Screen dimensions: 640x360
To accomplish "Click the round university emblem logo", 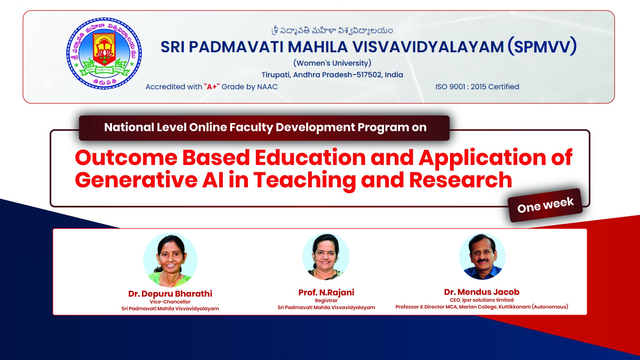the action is click(104, 53).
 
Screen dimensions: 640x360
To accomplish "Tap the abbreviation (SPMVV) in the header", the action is click(542, 47).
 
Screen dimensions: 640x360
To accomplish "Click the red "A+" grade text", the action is click(212, 87).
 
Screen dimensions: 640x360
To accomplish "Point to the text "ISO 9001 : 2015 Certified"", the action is click(477, 87).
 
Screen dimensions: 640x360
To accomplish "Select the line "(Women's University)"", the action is click(332, 63).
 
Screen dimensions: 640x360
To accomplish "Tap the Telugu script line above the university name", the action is click(332, 30).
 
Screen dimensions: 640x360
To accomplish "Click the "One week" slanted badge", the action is click(545, 205).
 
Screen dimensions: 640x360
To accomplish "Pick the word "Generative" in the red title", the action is click(136, 180).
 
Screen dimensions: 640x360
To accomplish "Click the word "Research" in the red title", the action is click(460, 180).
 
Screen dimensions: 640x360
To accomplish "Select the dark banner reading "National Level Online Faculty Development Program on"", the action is click(264, 128).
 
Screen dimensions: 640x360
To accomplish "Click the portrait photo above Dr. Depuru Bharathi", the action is click(170, 260).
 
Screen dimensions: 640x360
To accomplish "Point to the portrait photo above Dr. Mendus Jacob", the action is click(482, 257).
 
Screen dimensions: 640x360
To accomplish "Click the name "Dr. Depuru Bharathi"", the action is click(170, 294).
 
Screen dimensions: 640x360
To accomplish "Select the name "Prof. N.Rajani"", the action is click(326, 292).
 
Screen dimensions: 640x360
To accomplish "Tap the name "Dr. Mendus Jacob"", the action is click(482, 292).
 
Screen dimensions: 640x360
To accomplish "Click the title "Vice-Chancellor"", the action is click(170, 302).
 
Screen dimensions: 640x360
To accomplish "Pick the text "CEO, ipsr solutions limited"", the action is click(482, 300).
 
